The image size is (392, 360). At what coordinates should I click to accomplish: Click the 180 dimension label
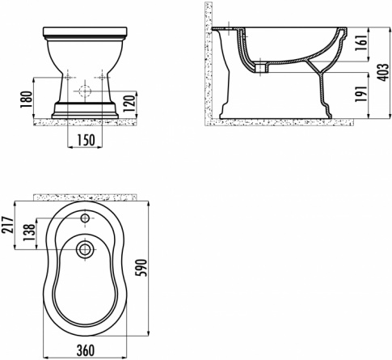(x=26, y=100)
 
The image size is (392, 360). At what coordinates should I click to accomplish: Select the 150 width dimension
(x=86, y=140)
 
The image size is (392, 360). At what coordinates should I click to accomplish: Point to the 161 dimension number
(x=361, y=43)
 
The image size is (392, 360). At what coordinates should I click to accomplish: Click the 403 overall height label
(x=382, y=73)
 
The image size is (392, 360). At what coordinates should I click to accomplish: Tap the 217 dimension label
(x=7, y=225)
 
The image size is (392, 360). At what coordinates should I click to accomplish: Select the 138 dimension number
(x=29, y=232)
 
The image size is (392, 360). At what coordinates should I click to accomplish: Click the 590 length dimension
(x=141, y=268)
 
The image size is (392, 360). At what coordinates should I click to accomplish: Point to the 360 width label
(x=86, y=350)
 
